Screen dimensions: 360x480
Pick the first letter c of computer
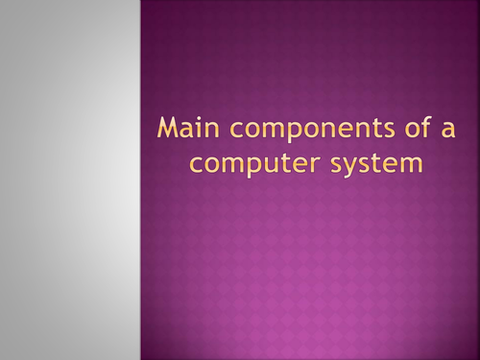(x=195, y=164)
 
